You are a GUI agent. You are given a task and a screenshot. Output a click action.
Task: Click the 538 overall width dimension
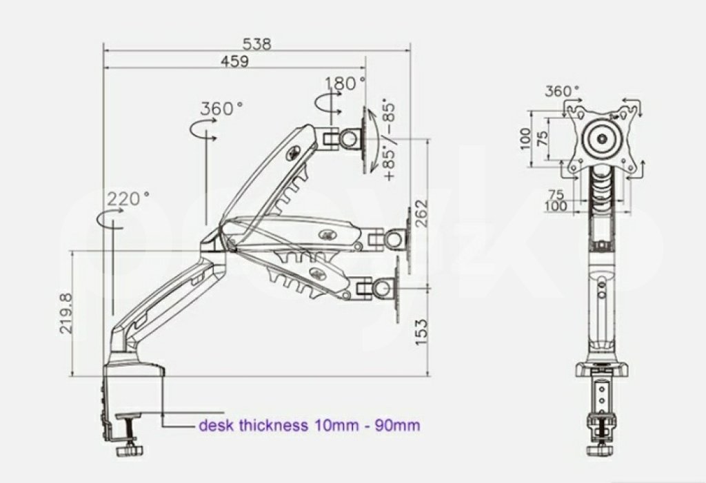tap(257, 44)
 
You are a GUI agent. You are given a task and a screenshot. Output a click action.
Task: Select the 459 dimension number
tap(234, 61)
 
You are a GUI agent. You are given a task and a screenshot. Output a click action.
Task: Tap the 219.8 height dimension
tap(65, 314)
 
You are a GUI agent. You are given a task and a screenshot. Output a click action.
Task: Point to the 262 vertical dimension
tap(421, 214)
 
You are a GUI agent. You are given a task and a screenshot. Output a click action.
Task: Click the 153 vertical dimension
tap(421, 332)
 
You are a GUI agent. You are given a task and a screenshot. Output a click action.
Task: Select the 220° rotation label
tap(128, 198)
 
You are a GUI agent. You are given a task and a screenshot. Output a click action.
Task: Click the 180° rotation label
tap(345, 83)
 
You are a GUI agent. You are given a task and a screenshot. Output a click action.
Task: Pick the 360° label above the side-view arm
tap(221, 108)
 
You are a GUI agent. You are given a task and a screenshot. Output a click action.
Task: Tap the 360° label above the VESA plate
tap(561, 92)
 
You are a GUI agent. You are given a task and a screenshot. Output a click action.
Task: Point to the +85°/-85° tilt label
tap(389, 140)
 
